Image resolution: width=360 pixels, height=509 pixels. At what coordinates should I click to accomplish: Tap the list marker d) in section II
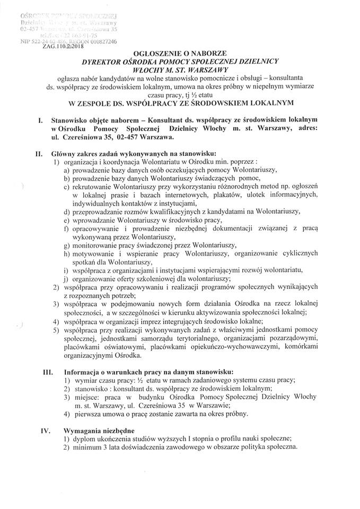[x=66, y=211]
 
